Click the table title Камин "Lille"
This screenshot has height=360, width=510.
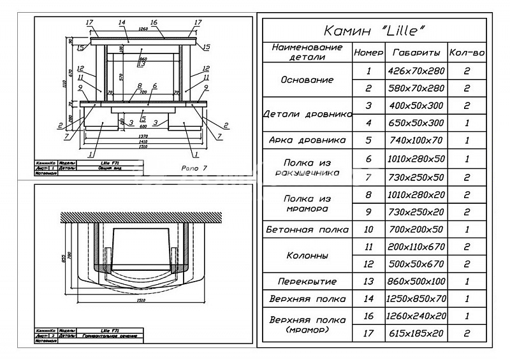[375, 31]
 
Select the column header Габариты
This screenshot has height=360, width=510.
[416, 53]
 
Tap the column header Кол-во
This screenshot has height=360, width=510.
[467, 53]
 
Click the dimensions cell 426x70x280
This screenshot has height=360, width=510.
[416, 71]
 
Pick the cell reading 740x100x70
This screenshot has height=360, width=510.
[416, 140]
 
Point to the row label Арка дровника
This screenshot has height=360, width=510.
[308, 140]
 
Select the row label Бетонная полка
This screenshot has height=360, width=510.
[308, 229]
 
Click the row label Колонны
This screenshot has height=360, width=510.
[308, 255]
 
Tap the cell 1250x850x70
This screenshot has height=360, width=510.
[416, 299]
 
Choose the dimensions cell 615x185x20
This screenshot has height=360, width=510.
[416, 333]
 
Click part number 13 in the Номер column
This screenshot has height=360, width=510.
[368, 281]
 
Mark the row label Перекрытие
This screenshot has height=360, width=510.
[308, 281]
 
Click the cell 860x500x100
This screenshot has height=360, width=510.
[416, 281]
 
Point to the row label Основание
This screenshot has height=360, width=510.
[308, 80]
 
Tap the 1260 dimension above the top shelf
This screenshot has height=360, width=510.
[143, 29]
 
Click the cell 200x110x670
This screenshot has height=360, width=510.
[416, 247]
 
